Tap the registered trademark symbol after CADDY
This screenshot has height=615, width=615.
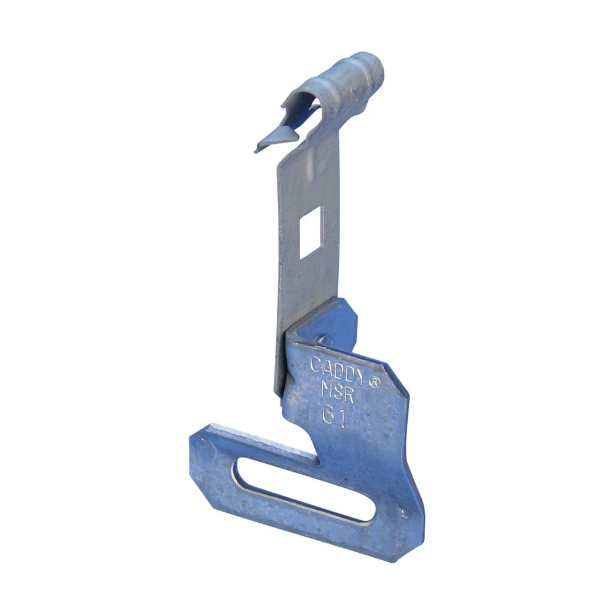373,381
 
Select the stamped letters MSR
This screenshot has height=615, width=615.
338,392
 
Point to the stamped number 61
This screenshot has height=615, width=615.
335,416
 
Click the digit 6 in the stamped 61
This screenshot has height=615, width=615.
329,415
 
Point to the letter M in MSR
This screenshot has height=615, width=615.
327,389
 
